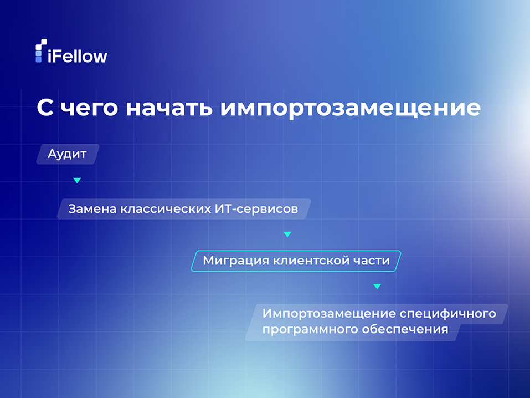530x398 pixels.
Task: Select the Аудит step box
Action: [x=67, y=154]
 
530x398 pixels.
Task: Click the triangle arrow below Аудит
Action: [x=77, y=181]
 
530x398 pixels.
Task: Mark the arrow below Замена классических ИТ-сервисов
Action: [x=287, y=234]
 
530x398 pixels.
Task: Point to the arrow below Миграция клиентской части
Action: [x=377, y=287]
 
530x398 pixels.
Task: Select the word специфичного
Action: [x=447, y=314]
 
